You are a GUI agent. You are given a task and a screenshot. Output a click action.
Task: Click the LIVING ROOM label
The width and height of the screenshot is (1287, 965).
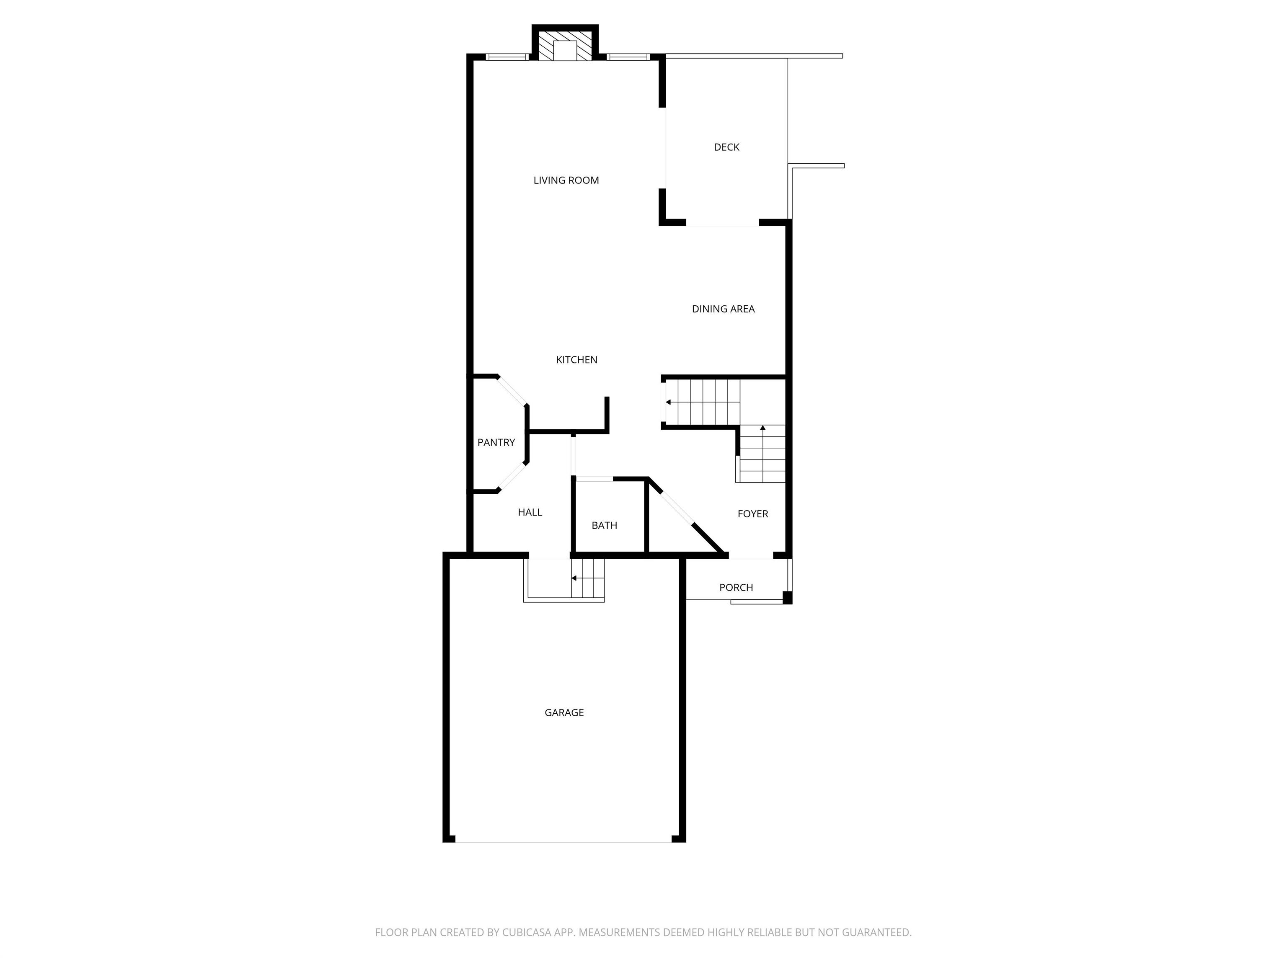pyautogui.click(x=566, y=181)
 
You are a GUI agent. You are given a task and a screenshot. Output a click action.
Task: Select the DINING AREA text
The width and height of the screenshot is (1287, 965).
pyautogui.click(x=723, y=309)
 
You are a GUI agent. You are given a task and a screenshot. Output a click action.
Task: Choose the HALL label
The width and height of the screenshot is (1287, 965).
pyautogui.click(x=530, y=513)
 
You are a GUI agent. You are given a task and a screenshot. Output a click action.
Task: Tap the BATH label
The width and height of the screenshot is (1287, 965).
pyautogui.click(x=604, y=526)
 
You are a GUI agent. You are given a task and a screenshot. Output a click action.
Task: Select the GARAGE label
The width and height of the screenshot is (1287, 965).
pyautogui.click(x=564, y=712)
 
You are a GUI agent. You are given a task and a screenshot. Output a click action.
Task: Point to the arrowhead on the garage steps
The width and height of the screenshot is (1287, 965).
pyautogui.click(x=574, y=578)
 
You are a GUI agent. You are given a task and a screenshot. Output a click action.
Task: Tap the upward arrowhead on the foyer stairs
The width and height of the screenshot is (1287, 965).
pyautogui.click(x=762, y=428)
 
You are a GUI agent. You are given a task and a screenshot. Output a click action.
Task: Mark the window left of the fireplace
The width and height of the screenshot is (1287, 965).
pyautogui.click(x=507, y=57)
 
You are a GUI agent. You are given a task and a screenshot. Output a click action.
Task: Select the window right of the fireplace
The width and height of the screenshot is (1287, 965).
pyautogui.click(x=628, y=57)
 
